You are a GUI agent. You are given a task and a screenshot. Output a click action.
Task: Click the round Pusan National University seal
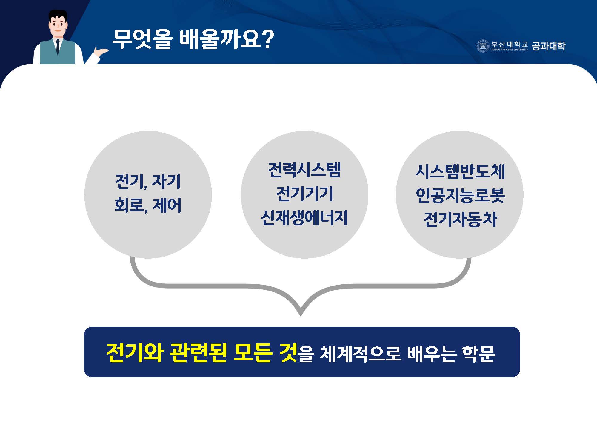pyautogui.click(x=482, y=46)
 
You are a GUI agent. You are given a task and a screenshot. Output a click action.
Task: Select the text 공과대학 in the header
pyautogui.click(x=549, y=46)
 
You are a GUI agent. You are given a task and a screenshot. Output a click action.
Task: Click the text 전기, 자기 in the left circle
pyautogui.click(x=148, y=181)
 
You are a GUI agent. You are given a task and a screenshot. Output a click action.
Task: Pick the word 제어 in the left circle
pyautogui.click(x=167, y=205)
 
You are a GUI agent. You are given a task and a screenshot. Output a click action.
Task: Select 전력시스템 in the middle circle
pyautogui.click(x=304, y=170)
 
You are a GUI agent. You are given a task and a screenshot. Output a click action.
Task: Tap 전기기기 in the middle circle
pyautogui.click(x=304, y=194)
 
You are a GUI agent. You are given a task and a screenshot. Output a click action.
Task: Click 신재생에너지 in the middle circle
pyautogui.click(x=304, y=218)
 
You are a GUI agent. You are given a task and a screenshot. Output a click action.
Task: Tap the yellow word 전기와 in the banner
pyautogui.click(x=135, y=353)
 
